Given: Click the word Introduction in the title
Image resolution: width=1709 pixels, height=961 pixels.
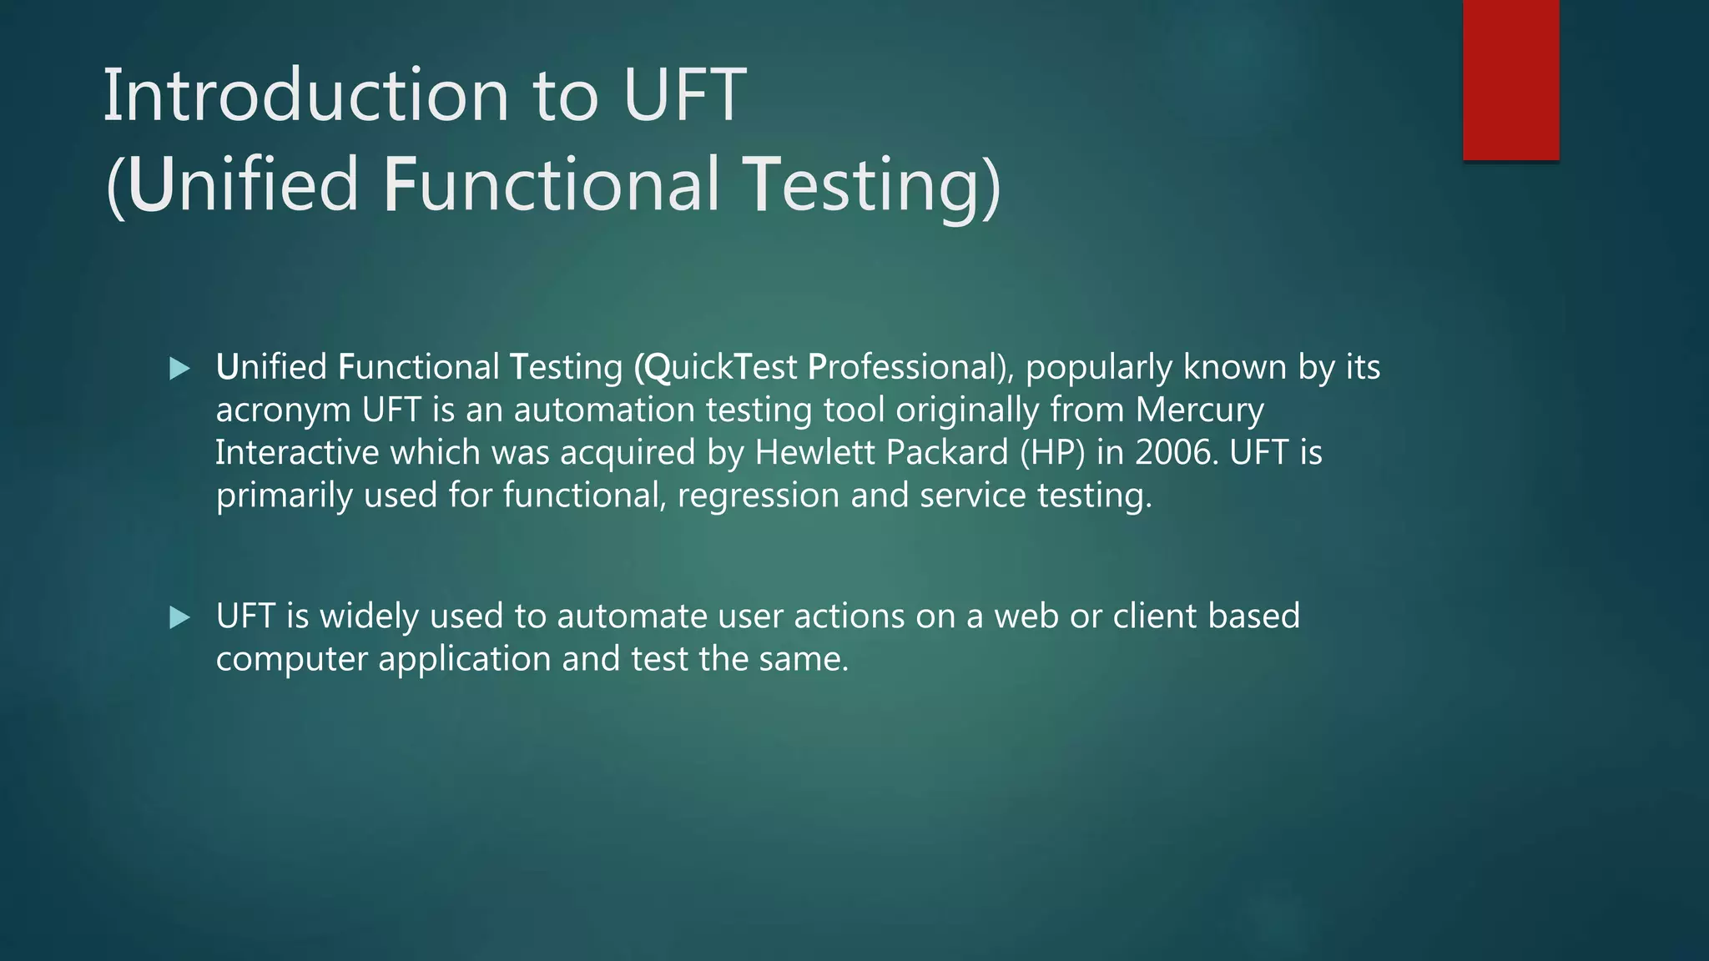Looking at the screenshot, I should coord(305,95).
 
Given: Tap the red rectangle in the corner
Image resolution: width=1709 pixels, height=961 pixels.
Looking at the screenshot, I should coord(1510,79).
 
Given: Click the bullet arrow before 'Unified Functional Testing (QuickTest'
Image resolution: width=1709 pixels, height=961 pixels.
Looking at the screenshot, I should coord(179,368).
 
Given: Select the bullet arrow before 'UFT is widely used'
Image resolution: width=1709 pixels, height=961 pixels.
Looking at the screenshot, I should coord(179,617).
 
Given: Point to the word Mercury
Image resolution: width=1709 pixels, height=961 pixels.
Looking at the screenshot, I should coord(1199,410).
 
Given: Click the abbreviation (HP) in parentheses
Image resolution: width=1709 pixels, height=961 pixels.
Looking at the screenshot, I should coord(1052,453).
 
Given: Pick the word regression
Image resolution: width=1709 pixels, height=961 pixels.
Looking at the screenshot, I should coord(759,496).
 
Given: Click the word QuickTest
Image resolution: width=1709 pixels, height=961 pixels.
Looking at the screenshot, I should coord(716,368).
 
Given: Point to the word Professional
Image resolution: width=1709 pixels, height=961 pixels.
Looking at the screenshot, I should coord(910,368).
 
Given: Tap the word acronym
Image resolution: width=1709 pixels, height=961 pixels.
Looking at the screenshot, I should coord(283,410).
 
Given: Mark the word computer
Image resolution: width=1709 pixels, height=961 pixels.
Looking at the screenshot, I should coord(291,659).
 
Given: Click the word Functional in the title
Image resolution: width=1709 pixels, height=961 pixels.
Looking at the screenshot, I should coord(551,184).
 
